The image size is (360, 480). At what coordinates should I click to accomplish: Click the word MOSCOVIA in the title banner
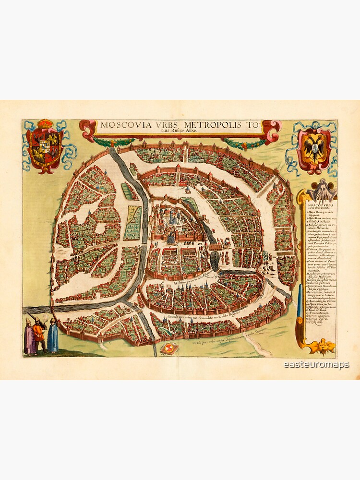point(122,126)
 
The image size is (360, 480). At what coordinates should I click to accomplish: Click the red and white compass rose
point(168,348)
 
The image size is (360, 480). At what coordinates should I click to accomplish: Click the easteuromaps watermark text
point(316,365)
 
